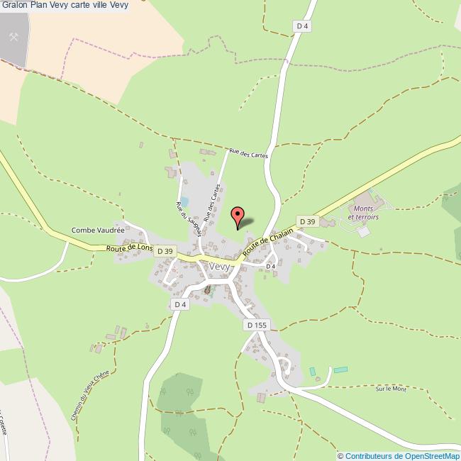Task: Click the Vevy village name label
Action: [x=219, y=266]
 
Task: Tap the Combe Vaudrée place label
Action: [x=98, y=230]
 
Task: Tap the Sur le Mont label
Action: [x=391, y=389]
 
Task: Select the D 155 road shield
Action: [x=257, y=324]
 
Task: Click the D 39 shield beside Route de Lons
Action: [x=165, y=251]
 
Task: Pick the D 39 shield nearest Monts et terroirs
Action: [x=306, y=221]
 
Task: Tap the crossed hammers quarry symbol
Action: [x=13, y=35]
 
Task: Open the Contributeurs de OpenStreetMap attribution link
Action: [x=402, y=455]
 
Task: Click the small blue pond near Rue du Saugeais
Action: [x=184, y=201]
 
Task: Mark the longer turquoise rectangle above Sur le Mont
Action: [x=341, y=370]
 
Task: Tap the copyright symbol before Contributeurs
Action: [x=340, y=455]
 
